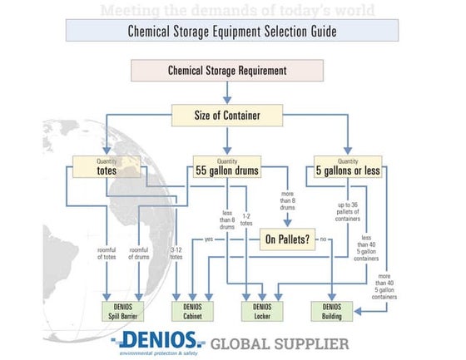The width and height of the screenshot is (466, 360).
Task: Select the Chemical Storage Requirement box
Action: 227,70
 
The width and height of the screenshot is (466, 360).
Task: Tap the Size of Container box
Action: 227,116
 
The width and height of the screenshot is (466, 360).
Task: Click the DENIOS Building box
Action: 330,311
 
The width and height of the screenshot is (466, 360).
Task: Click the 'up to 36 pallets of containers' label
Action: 340,212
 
